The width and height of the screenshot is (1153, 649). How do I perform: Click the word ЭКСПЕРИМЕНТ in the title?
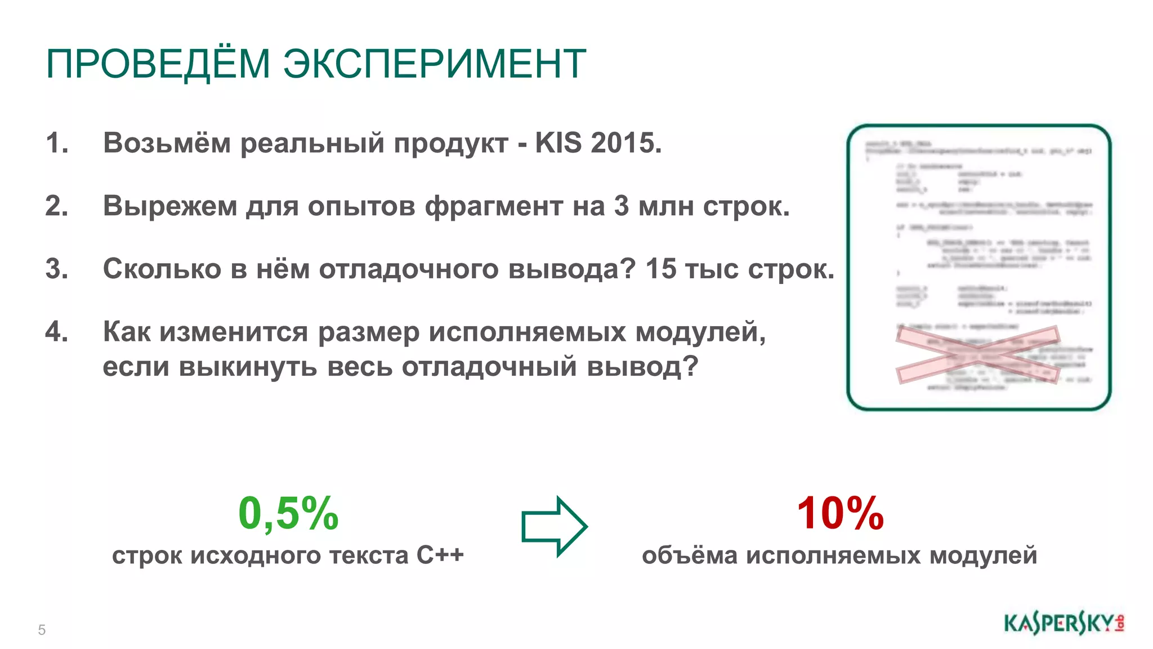434,64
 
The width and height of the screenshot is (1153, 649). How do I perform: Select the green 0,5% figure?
288,513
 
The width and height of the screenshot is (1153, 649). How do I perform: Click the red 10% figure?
840,513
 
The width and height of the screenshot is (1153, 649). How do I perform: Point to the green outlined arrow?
555,527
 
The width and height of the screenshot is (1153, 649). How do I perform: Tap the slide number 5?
42,630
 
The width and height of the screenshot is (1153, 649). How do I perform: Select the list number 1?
57,143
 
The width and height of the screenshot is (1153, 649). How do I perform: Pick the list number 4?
57,332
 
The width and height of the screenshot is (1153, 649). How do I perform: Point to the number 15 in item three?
661,269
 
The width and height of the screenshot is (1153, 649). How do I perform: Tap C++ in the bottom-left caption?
440,555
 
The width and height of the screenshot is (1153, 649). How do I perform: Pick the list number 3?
57,269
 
